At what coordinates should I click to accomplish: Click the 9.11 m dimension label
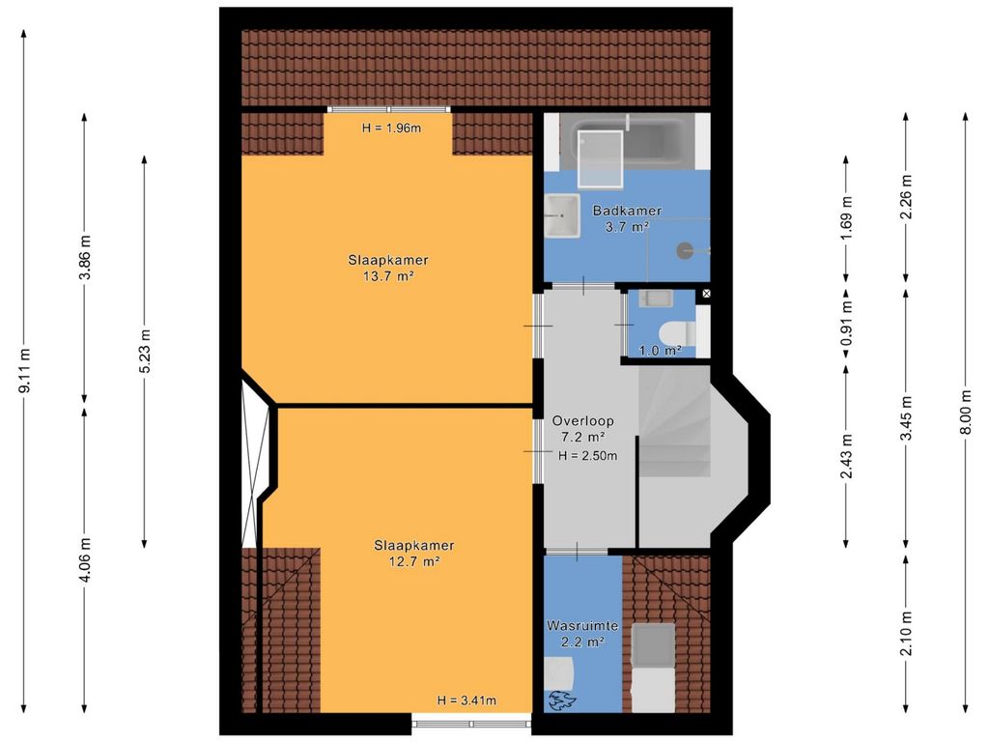point(25,370)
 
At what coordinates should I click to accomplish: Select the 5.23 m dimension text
point(145,351)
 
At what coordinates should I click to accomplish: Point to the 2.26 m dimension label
point(906,196)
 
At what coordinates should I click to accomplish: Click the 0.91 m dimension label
point(846,323)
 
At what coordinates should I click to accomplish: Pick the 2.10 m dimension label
point(906,634)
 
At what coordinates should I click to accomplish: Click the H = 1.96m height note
point(391,128)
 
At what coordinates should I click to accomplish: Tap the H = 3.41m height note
point(466,699)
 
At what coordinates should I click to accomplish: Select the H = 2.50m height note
point(588,456)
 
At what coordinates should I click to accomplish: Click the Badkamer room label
point(627,211)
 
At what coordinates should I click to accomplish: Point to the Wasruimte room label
point(582,626)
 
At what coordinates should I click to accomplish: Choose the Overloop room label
point(582,421)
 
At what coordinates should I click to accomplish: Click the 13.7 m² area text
point(388,275)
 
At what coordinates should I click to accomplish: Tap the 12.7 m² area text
point(413,561)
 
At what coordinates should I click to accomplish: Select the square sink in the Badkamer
point(562,215)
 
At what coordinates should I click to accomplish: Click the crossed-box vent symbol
point(706,294)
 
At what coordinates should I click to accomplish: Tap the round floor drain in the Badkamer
point(685,250)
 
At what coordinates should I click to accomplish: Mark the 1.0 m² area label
point(661,350)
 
